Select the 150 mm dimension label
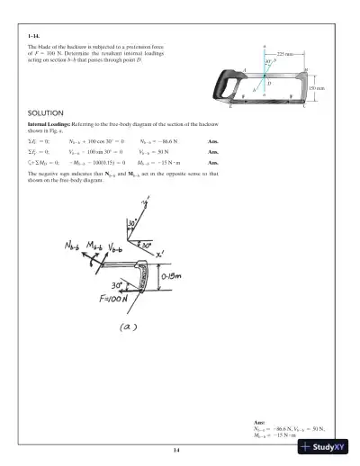coord(317,87)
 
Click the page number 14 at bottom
coord(179,449)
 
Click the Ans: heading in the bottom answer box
coord(261,422)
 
